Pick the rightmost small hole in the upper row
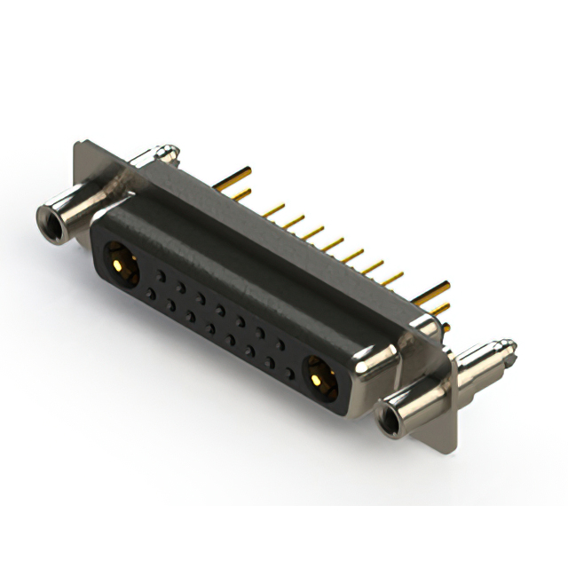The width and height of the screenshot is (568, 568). tap(280, 343)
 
